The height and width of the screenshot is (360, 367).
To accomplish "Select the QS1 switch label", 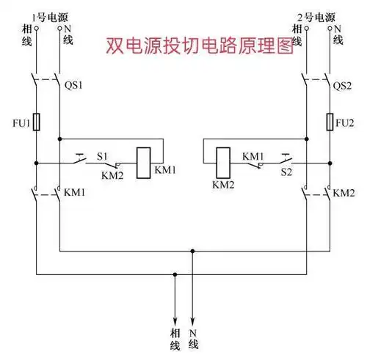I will point(75,85).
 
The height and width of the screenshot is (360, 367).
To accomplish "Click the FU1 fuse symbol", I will point(37,121).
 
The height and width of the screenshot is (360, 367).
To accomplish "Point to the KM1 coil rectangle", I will point(144,158).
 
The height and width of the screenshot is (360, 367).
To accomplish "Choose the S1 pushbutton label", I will point(103,156).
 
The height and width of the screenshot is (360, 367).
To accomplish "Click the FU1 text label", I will point(20,123).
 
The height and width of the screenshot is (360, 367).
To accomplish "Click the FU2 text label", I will point(345,122).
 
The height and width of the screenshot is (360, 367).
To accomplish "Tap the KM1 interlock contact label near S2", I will point(253,156).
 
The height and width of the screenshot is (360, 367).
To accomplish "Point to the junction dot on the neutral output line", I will point(193,250).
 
